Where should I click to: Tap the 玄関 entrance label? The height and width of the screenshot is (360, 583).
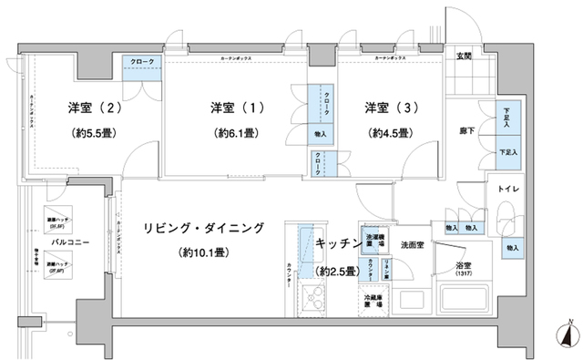coord(465,57)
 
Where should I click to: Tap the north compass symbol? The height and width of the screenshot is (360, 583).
coord(568,333)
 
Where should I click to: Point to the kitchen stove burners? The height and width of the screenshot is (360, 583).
coord(315,298)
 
